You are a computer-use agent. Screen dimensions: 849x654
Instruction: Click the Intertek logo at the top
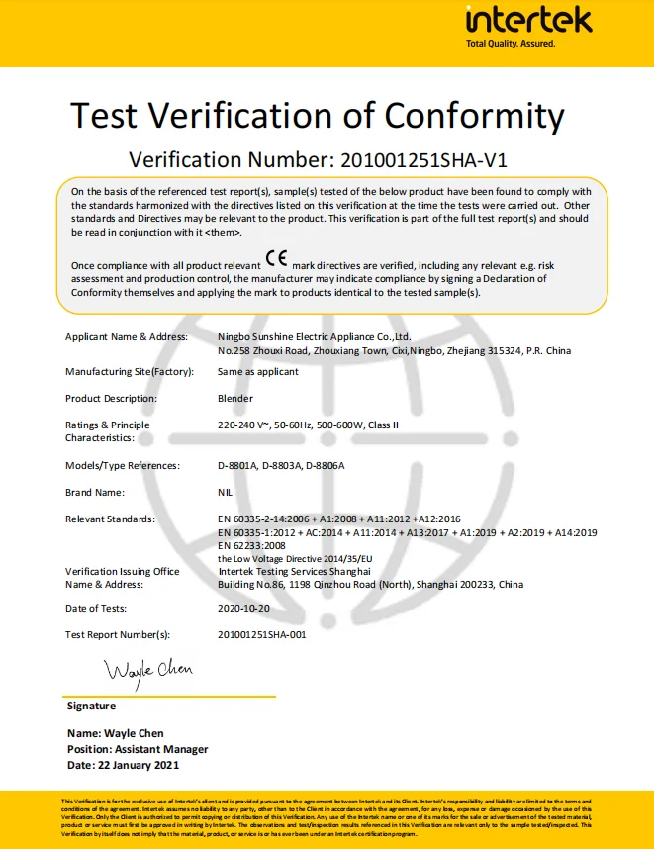click(528, 20)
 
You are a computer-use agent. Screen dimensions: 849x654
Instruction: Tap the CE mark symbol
click(277, 259)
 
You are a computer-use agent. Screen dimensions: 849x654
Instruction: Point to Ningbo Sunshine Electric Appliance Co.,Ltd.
click(313, 337)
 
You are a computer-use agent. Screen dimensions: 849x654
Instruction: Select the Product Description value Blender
click(234, 398)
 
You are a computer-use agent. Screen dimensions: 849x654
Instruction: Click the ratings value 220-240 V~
click(246, 424)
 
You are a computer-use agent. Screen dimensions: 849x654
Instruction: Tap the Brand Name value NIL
click(225, 492)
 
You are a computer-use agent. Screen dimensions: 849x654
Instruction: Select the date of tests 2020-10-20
click(243, 608)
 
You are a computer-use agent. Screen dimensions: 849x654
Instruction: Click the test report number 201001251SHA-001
click(261, 634)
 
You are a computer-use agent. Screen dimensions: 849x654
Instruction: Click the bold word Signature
click(91, 707)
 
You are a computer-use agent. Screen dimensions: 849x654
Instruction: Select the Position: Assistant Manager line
click(138, 749)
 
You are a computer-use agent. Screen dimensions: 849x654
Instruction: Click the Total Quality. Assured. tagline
click(511, 44)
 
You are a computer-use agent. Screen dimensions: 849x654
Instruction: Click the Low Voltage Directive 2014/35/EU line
click(293, 558)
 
